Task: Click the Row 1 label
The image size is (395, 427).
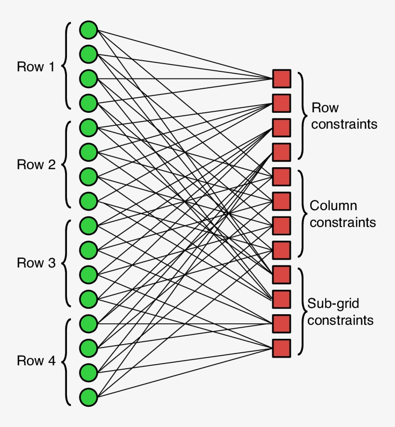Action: click(36, 67)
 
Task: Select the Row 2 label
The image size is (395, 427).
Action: click(36, 165)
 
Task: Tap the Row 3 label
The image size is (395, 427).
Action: click(36, 263)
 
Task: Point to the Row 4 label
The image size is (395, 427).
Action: click(36, 360)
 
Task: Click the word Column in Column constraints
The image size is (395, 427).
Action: click(333, 206)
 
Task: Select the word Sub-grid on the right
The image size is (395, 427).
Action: click(333, 304)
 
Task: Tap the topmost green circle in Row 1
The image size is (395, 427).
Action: click(89, 29)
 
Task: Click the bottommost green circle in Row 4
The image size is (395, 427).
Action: click(89, 397)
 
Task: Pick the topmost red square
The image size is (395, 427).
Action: click(282, 79)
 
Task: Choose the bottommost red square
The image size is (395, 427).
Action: click(282, 348)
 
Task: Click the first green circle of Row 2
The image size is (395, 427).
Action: click(89, 127)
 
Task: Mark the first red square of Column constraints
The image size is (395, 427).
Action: click(282, 176)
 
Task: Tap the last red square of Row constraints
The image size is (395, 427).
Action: click(282, 152)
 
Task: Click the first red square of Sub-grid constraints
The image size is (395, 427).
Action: click(282, 274)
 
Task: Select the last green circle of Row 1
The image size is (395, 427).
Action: click(89, 103)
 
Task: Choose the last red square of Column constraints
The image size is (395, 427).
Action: click(282, 250)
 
